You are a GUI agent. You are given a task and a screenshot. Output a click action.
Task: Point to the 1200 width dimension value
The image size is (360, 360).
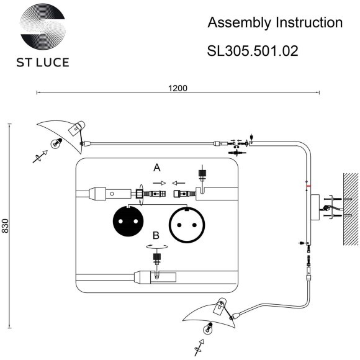(x=178, y=88)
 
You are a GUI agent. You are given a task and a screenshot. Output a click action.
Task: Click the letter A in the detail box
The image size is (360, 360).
(x=157, y=168)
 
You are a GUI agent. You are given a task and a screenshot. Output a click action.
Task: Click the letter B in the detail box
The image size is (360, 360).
(x=156, y=235)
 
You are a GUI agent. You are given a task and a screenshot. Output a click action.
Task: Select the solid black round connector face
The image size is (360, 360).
(x=127, y=221)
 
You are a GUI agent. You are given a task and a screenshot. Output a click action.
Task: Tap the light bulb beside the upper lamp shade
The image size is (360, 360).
(x=56, y=143)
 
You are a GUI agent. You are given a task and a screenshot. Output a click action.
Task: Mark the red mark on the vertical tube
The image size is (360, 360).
(x=307, y=185)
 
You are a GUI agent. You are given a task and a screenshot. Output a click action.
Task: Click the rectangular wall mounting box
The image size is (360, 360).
(x=315, y=207)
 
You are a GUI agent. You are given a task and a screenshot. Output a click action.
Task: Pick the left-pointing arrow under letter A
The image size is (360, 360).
(x=178, y=183)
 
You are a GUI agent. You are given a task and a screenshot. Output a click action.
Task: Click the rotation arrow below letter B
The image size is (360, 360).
(x=156, y=246)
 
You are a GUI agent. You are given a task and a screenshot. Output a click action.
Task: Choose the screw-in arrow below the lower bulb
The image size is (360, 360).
(x=200, y=346)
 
